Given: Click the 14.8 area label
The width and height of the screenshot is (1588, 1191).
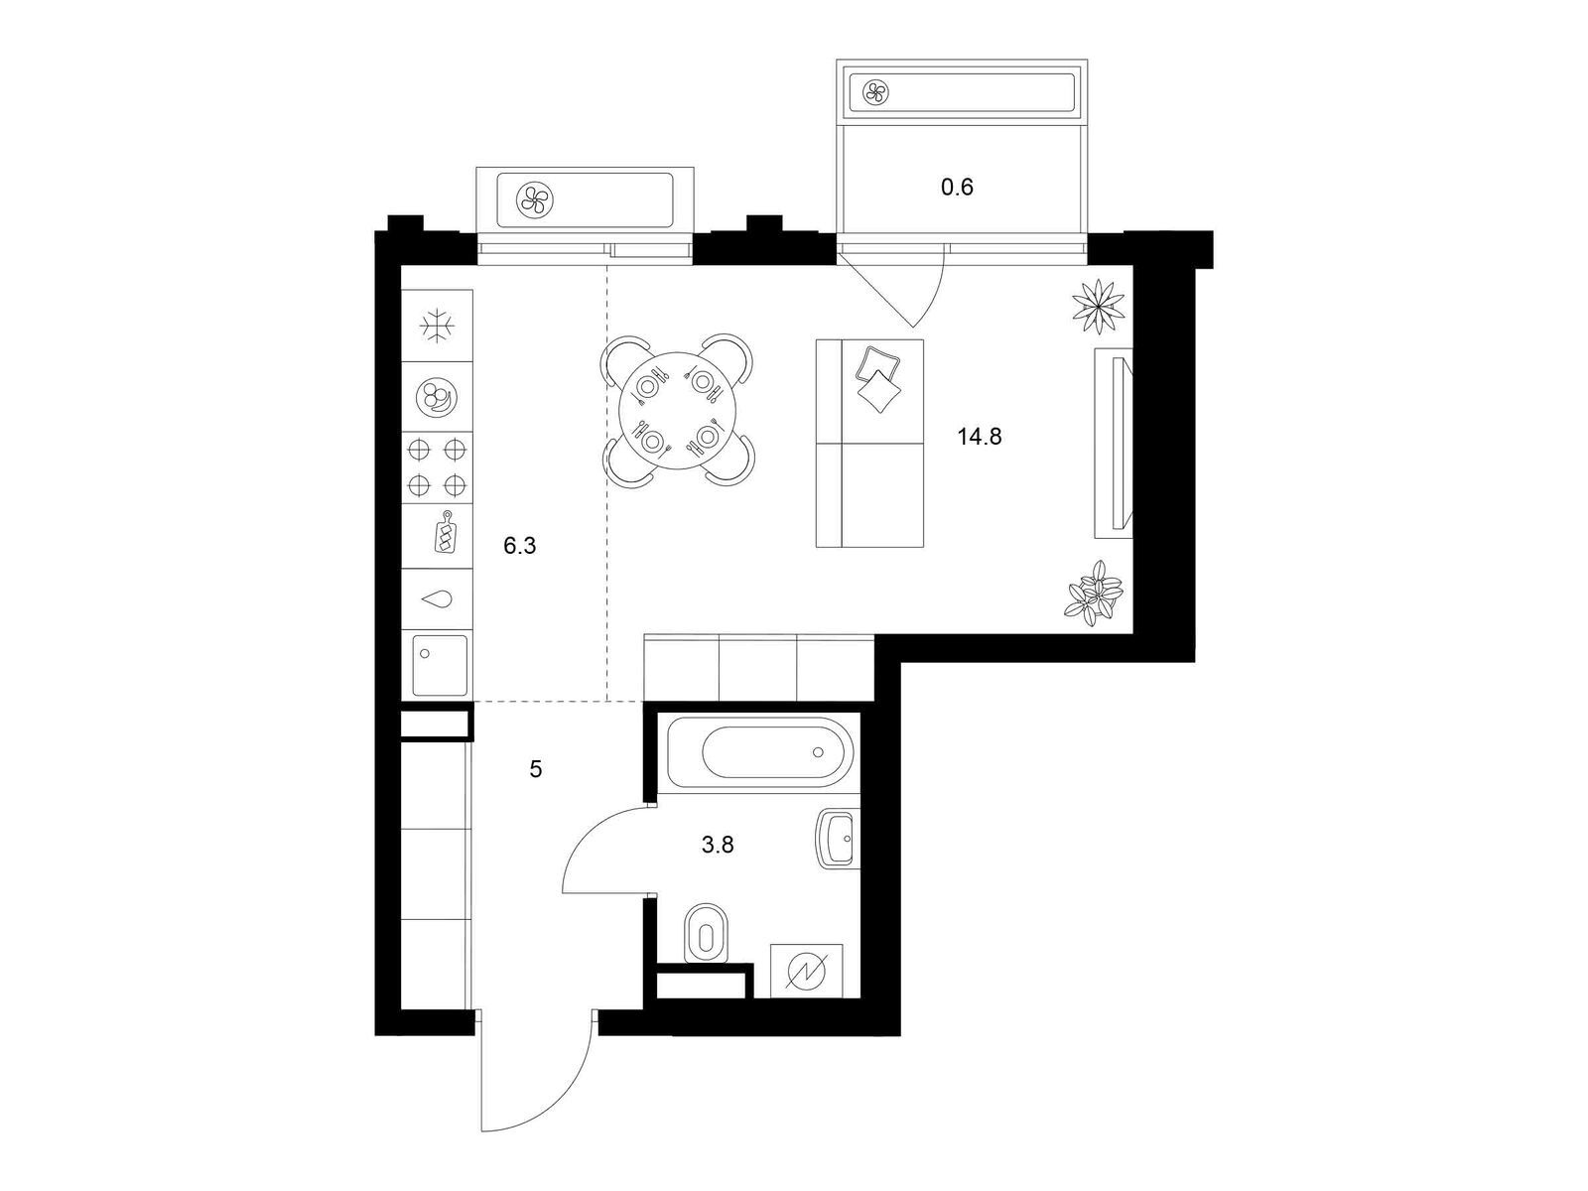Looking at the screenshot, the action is tap(980, 437).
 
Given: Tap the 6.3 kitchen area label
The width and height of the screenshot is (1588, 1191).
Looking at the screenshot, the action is tap(519, 546).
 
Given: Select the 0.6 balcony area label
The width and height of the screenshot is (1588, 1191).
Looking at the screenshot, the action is tap(957, 188).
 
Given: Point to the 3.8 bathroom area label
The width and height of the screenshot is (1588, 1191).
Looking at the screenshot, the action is tap(718, 845).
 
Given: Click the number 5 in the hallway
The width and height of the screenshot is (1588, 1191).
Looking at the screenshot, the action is tap(535, 769).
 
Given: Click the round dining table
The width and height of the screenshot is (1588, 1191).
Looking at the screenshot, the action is tap(678, 410).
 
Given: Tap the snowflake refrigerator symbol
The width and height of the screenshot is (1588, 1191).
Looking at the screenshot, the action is tap(437, 326).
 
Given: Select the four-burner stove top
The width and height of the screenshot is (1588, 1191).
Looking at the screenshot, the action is tap(437, 467).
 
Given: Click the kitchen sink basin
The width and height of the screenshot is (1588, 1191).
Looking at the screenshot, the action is tap(439, 665).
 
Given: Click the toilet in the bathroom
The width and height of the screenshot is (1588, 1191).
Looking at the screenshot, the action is tap(706, 934).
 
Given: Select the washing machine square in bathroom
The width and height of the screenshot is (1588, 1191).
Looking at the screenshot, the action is tap(807, 971).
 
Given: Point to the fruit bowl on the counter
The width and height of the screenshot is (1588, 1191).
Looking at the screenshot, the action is tap(437, 397).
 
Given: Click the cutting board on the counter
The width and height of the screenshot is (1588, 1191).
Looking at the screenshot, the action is tap(444, 533).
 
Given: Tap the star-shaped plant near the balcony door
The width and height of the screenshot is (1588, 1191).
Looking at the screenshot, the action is tap(1099, 308).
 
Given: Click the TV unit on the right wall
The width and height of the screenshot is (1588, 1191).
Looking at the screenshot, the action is tap(1113, 443).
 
